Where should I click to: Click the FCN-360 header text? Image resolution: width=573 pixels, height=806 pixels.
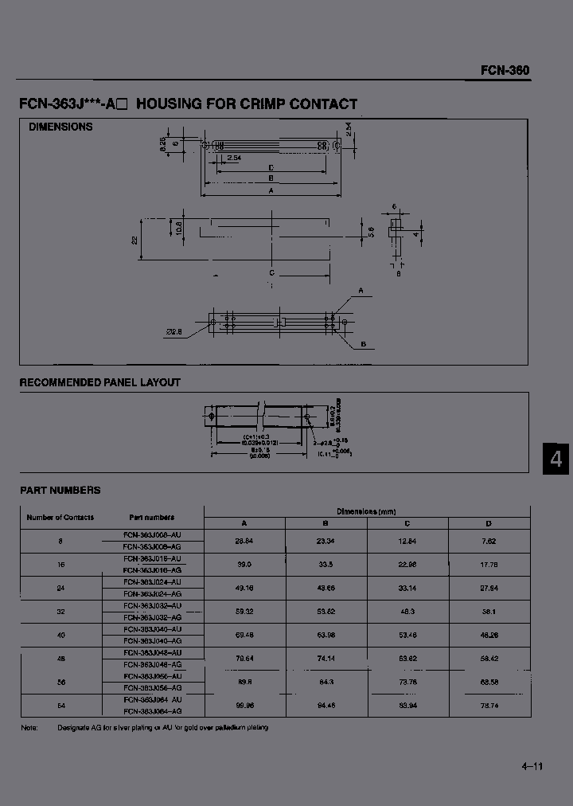coord(505,70)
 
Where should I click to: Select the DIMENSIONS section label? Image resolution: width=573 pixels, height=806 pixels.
coord(60,127)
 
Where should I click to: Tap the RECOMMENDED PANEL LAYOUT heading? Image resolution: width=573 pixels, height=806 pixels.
coord(99,382)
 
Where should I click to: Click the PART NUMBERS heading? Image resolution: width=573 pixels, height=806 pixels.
coord(60,491)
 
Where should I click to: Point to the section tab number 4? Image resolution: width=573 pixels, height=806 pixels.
coord(556,460)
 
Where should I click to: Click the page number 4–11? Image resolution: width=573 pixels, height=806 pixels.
coord(532,766)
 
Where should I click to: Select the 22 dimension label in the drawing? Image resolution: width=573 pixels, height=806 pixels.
coord(135,239)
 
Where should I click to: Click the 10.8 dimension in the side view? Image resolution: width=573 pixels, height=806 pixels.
coord(179,227)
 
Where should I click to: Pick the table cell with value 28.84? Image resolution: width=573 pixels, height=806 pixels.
coord(244,541)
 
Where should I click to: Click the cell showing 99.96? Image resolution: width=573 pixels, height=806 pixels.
coord(244,705)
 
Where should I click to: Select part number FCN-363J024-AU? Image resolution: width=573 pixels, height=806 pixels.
coord(153,582)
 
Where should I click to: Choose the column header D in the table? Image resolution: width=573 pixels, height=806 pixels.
coord(489,523)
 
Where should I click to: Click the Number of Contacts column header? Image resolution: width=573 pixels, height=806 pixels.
coord(60,517)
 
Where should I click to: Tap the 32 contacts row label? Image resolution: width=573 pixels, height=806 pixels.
coord(60,612)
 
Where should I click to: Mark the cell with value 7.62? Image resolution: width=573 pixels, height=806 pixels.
coord(489,541)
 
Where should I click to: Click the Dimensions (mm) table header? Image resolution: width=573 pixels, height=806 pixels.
coord(366,511)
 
